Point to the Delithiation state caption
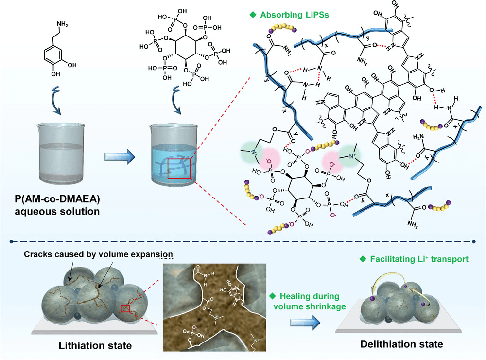(401, 344)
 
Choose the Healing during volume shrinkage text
(307, 301)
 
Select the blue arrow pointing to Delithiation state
(304, 322)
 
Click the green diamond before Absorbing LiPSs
(252, 15)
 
